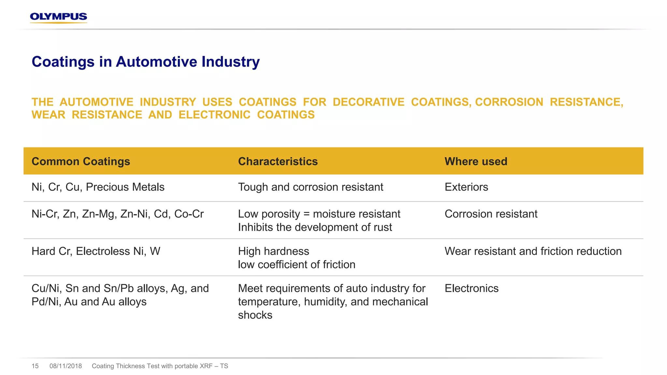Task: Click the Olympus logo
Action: pyautogui.click(x=59, y=17)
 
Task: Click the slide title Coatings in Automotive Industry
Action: pyautogui.click(x=146, y=62)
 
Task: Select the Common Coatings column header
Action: pyautogui.click(x=81, y=161)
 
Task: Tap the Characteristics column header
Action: pyautogui.click(x=278, y=161)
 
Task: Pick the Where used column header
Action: pyautogui.click(x=476, y=161)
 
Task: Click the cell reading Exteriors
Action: pyautogui.click(x=466, y=187)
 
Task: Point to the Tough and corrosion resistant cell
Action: pyautogui.click(x=310, y=187)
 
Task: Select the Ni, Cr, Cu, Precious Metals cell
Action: pyautogui.click(x=98, y=187)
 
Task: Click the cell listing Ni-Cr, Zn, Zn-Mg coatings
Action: pyautogui.click(x=118, y=214)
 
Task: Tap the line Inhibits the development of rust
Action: pyautogui.click(x=315, y=228)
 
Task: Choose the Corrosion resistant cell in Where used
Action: pyautogui.click(x=491, y=214)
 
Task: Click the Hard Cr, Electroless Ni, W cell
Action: pyautogui.click(x=96, y=251)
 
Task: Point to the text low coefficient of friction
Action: pyautogui.click(x=296, y=265)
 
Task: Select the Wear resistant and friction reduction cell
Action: pyautogui.click(x=533, y=251)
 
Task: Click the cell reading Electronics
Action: pyautogui.click(x=471, y=288)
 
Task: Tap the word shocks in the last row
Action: pyautogui.click(x=255, y=315)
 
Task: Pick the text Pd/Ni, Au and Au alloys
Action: pyautogui.click(x=89, y=302)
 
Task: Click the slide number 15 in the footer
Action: pyautogui.click(x=35, y=366)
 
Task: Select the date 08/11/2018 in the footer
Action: pyautogui.click(x=65, y=366)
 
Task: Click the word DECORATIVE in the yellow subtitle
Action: pyautogui.click(x=368, y=102)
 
